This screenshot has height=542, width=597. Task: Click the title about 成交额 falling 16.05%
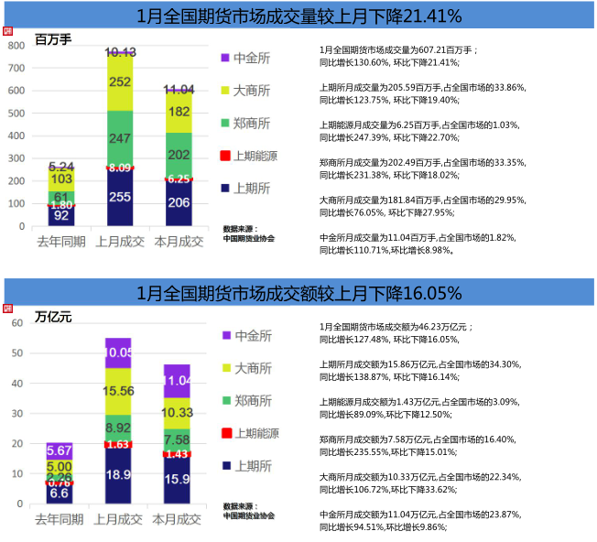[298, 293]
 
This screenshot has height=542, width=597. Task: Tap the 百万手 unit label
[53, 40]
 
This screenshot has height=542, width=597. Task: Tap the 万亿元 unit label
[53, 317]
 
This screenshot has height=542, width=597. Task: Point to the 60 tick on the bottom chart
[16, 323]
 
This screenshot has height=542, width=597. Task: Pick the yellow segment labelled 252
[119, 82]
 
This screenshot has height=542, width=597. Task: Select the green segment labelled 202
[179, 156]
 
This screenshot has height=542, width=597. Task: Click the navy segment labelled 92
[61, 216]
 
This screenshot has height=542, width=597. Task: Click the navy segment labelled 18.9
[119, 474]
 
